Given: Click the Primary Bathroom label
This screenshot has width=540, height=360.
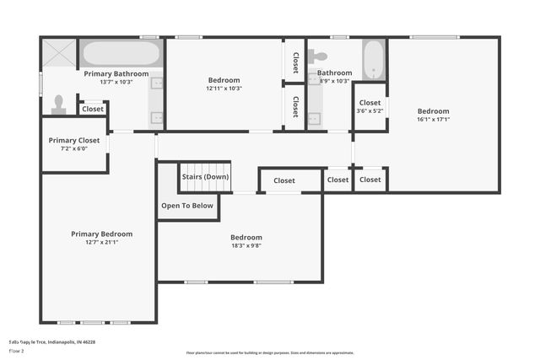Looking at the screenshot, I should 116,74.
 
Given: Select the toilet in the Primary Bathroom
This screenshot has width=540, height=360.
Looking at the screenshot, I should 58,105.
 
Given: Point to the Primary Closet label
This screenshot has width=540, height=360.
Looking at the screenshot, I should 74,140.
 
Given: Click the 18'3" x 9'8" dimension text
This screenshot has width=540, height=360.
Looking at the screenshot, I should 246,246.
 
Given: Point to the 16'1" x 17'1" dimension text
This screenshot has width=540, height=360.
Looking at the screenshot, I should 434,120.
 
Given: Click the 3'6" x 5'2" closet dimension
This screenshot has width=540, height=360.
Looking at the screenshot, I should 370,110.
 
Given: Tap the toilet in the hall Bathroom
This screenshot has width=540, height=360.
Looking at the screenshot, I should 319,57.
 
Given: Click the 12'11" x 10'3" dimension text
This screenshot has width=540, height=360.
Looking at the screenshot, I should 224,89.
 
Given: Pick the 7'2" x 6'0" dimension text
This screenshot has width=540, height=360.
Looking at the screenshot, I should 74,149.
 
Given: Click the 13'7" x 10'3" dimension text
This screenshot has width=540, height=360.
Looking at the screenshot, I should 116,83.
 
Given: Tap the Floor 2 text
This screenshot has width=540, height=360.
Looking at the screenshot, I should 17,350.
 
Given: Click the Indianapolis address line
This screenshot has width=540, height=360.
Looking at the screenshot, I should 52,342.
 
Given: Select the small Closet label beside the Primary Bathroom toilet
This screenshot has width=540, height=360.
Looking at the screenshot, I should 93,109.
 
